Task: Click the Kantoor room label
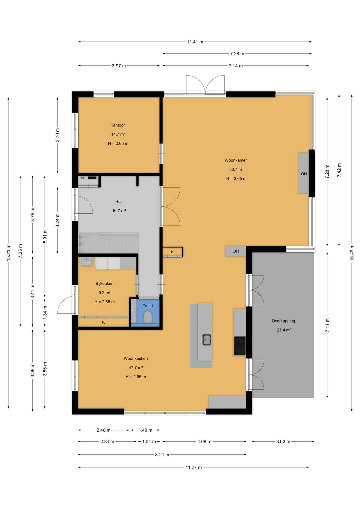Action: point(117,125)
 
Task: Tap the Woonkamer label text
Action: point(236,160)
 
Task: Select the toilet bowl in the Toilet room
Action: point(148,317)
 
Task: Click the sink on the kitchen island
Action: point(206,339)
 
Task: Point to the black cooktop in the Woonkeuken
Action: point(240,346)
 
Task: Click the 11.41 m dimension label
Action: point(195,42)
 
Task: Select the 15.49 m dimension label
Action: point(352,253)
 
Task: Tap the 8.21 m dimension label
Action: point(162,455)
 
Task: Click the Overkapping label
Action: point(283,321)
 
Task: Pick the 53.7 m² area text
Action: point(236,169)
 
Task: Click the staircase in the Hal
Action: point(108,243)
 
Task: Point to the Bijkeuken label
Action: point(104,284)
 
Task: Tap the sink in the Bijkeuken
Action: point(86,262)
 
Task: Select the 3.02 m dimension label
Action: point(283,442)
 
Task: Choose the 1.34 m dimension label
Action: point(45,313)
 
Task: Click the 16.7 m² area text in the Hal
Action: point(119,211)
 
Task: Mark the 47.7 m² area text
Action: point(136,368)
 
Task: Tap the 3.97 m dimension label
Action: point(119,66)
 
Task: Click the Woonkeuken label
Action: point(136,358)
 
